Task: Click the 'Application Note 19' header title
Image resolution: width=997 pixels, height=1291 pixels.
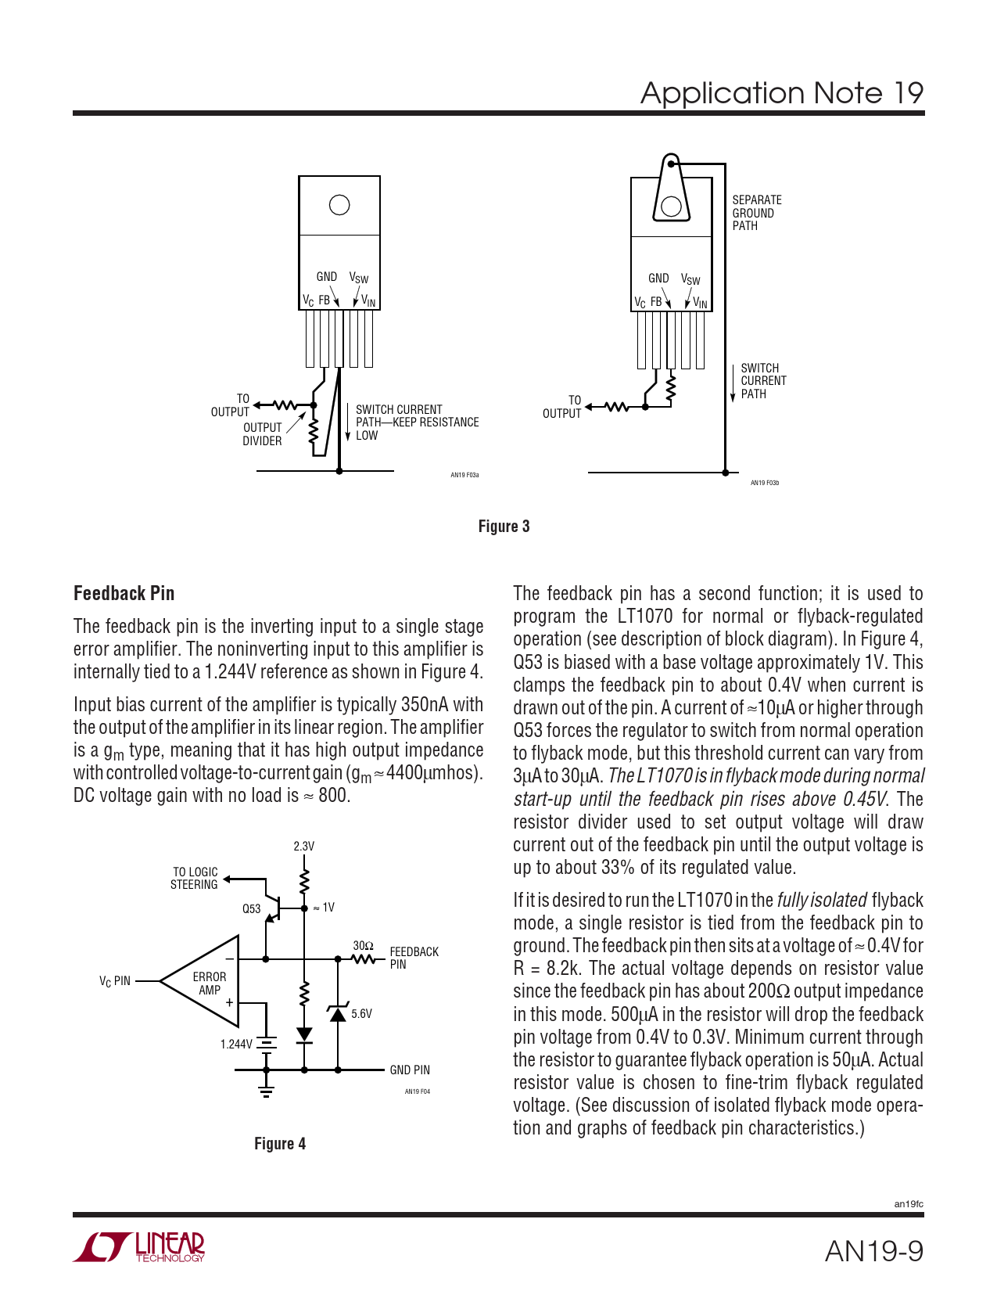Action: pos(781,93)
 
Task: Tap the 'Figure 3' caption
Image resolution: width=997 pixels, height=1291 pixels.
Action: pos(504,527)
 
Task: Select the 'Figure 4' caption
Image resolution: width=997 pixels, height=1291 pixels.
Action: pos(280,1144)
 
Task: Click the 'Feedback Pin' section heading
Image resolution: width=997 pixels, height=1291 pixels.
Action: pos(124,593)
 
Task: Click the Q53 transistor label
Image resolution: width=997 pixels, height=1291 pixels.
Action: pos(251,908)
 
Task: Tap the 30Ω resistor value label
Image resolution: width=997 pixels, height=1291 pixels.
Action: pos(363,945)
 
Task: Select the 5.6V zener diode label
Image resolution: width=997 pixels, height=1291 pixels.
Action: pos(361,1013)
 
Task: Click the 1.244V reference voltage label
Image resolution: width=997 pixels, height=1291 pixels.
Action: pos(236,1044)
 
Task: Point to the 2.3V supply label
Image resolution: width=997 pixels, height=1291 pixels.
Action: pos(303,847)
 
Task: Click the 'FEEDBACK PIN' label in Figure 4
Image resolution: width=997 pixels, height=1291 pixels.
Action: pos(414,958)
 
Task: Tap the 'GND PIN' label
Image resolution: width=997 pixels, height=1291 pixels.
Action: pos(410,1070)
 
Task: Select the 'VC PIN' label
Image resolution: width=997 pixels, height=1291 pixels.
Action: pos(115,981)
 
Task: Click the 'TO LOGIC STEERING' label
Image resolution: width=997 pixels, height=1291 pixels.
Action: pos(195,878)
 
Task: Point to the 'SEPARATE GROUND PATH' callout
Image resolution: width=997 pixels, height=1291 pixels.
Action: pos(756,213)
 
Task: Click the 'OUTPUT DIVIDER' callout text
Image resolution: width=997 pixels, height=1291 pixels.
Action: pos(262,434)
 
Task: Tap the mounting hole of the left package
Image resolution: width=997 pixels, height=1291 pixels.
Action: pos(339,205)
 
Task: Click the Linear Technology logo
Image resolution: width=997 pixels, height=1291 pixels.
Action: pos(139,1247)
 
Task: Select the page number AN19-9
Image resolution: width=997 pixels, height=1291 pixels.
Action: pos(873,1251)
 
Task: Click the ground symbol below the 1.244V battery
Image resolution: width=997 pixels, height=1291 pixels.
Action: pos(267,1090)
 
